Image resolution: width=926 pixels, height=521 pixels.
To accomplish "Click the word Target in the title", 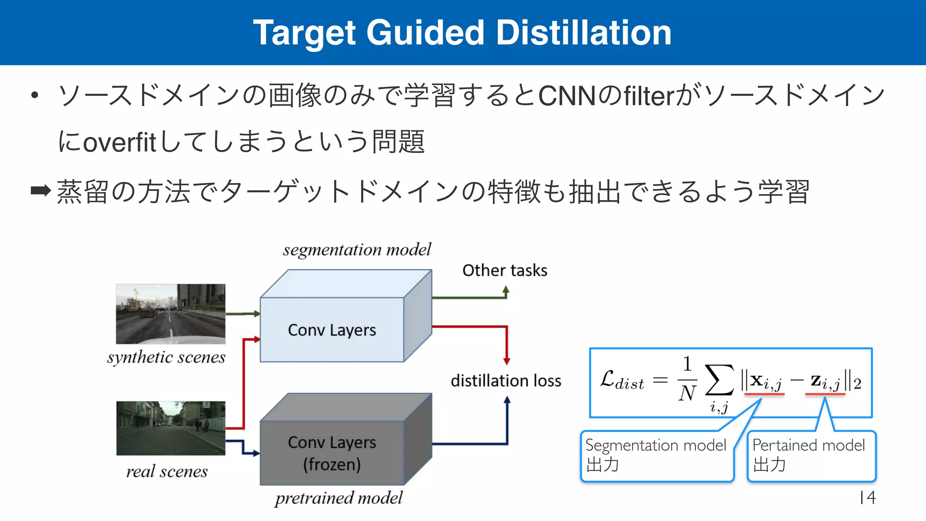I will click(304, 33).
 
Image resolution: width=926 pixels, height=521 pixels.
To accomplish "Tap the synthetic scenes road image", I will click(170, 313).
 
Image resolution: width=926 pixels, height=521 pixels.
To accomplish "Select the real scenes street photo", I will click(170, 428).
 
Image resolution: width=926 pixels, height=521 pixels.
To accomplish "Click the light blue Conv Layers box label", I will click(332, 330).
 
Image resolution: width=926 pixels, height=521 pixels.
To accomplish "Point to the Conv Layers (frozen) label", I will click(332, 453).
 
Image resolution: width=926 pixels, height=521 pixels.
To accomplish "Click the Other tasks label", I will click(505, 270).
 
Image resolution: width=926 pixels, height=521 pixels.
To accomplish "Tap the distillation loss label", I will click(506, 381).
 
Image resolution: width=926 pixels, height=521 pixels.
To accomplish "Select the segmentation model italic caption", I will click(357, 250).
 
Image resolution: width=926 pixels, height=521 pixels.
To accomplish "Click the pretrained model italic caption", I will click(339, 498).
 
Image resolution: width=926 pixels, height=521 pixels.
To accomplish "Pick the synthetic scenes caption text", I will click(166, 357).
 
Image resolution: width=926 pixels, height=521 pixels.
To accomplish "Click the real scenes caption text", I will click(167, 472).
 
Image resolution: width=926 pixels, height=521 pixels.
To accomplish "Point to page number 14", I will click(868, 497).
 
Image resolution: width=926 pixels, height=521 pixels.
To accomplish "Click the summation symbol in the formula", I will click(719, 380).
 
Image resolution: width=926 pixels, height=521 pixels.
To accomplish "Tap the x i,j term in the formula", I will click(764, 381).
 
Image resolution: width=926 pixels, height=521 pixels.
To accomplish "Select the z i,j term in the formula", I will click(825, 381).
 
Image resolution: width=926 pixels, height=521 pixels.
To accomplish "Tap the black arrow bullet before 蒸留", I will click(41, 190).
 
